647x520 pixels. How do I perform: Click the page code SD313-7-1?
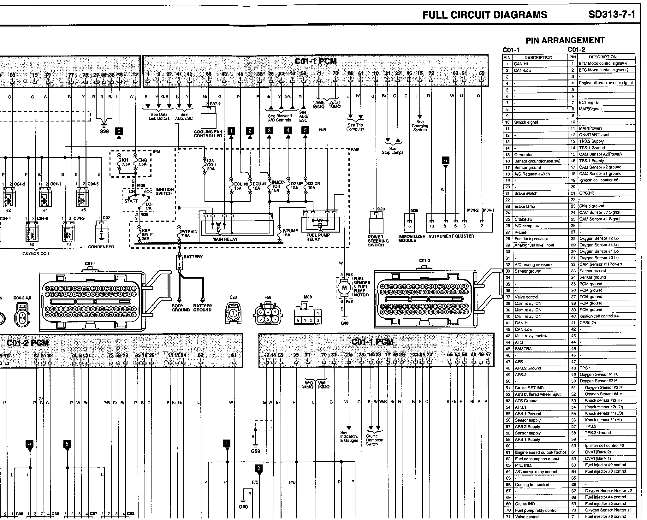coord(611,15)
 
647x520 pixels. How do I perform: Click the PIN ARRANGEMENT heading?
coord(565,40)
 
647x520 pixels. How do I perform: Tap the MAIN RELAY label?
coord(225,239)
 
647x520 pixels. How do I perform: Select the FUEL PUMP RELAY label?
coord(318,237)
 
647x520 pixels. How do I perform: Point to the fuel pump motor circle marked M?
coord(344,287)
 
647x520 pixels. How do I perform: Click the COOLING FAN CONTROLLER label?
coord(208,134)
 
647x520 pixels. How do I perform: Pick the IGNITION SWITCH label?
coord(164,191)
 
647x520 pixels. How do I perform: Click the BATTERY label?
coord(193,257)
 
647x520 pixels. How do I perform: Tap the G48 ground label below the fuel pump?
coord(344,323)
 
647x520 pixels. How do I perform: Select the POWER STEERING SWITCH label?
coord(378,241)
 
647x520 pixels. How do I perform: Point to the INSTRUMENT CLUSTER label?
coord(451,236)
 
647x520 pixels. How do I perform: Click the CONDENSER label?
coord(101,247)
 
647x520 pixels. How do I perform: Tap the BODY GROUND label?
coord(181,308)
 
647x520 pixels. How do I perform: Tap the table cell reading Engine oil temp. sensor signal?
coord(606,83)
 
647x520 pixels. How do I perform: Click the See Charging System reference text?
coord(420,126)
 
